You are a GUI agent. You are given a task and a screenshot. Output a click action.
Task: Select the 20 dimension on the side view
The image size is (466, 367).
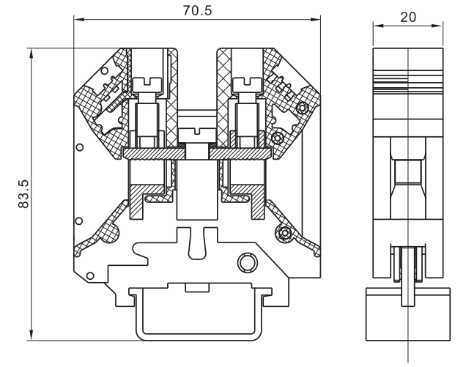point(407,16)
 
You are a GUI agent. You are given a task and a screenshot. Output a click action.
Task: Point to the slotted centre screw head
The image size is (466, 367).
point(196,133)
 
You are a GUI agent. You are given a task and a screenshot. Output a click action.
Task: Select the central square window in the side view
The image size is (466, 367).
point(407,173)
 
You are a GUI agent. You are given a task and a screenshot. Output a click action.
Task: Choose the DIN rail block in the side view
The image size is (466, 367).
point(407,312)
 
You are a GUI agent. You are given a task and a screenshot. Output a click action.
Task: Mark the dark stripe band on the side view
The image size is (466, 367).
point(407,74)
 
